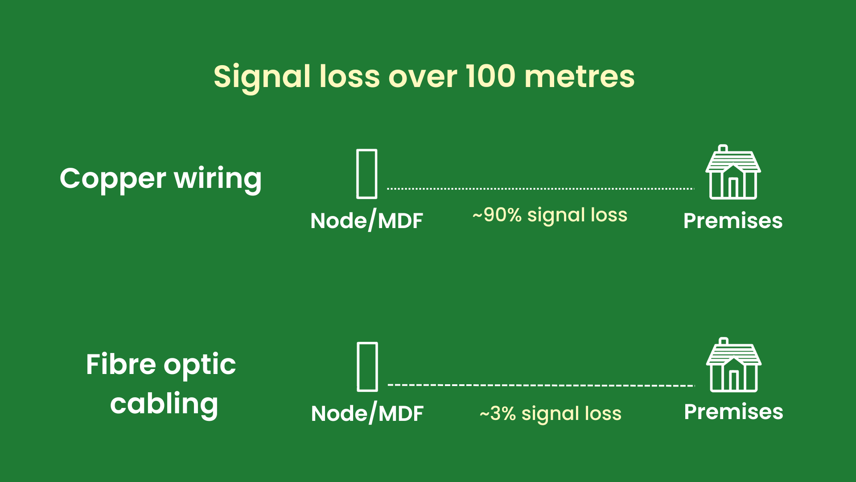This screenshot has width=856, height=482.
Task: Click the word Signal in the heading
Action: pos(262,77)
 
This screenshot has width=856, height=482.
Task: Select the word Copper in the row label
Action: pos(113,179)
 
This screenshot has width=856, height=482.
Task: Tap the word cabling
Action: pos(164,404)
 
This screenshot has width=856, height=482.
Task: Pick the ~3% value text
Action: pos(498,414)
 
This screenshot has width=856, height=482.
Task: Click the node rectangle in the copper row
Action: pos(366,174)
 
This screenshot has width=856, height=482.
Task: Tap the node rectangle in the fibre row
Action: pos(367,367)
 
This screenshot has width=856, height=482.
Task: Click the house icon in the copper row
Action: pos(733,173)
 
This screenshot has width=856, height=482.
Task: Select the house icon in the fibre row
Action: pos(734,366)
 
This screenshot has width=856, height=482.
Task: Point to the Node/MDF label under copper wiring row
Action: pos(366,220)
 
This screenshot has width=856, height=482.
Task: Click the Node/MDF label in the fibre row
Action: pos(367,413)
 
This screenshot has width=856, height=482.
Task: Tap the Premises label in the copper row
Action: pos(733,221)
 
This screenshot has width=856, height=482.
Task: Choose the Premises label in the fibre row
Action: pos(733,412)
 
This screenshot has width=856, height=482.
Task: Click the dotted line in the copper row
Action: pos(540,189)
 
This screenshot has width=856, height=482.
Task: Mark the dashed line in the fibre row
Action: pos(541,385)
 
